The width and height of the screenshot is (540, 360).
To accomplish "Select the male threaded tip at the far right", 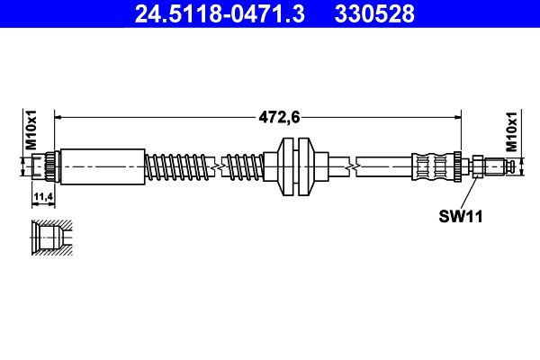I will [508, 166].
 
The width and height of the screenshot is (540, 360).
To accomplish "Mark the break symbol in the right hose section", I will [357, 166].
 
